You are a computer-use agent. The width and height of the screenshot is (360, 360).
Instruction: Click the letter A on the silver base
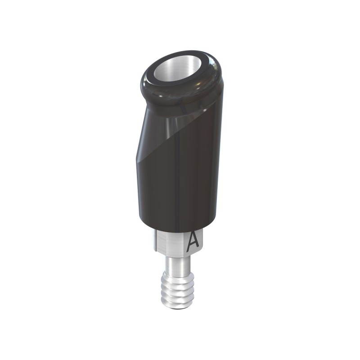193,240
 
